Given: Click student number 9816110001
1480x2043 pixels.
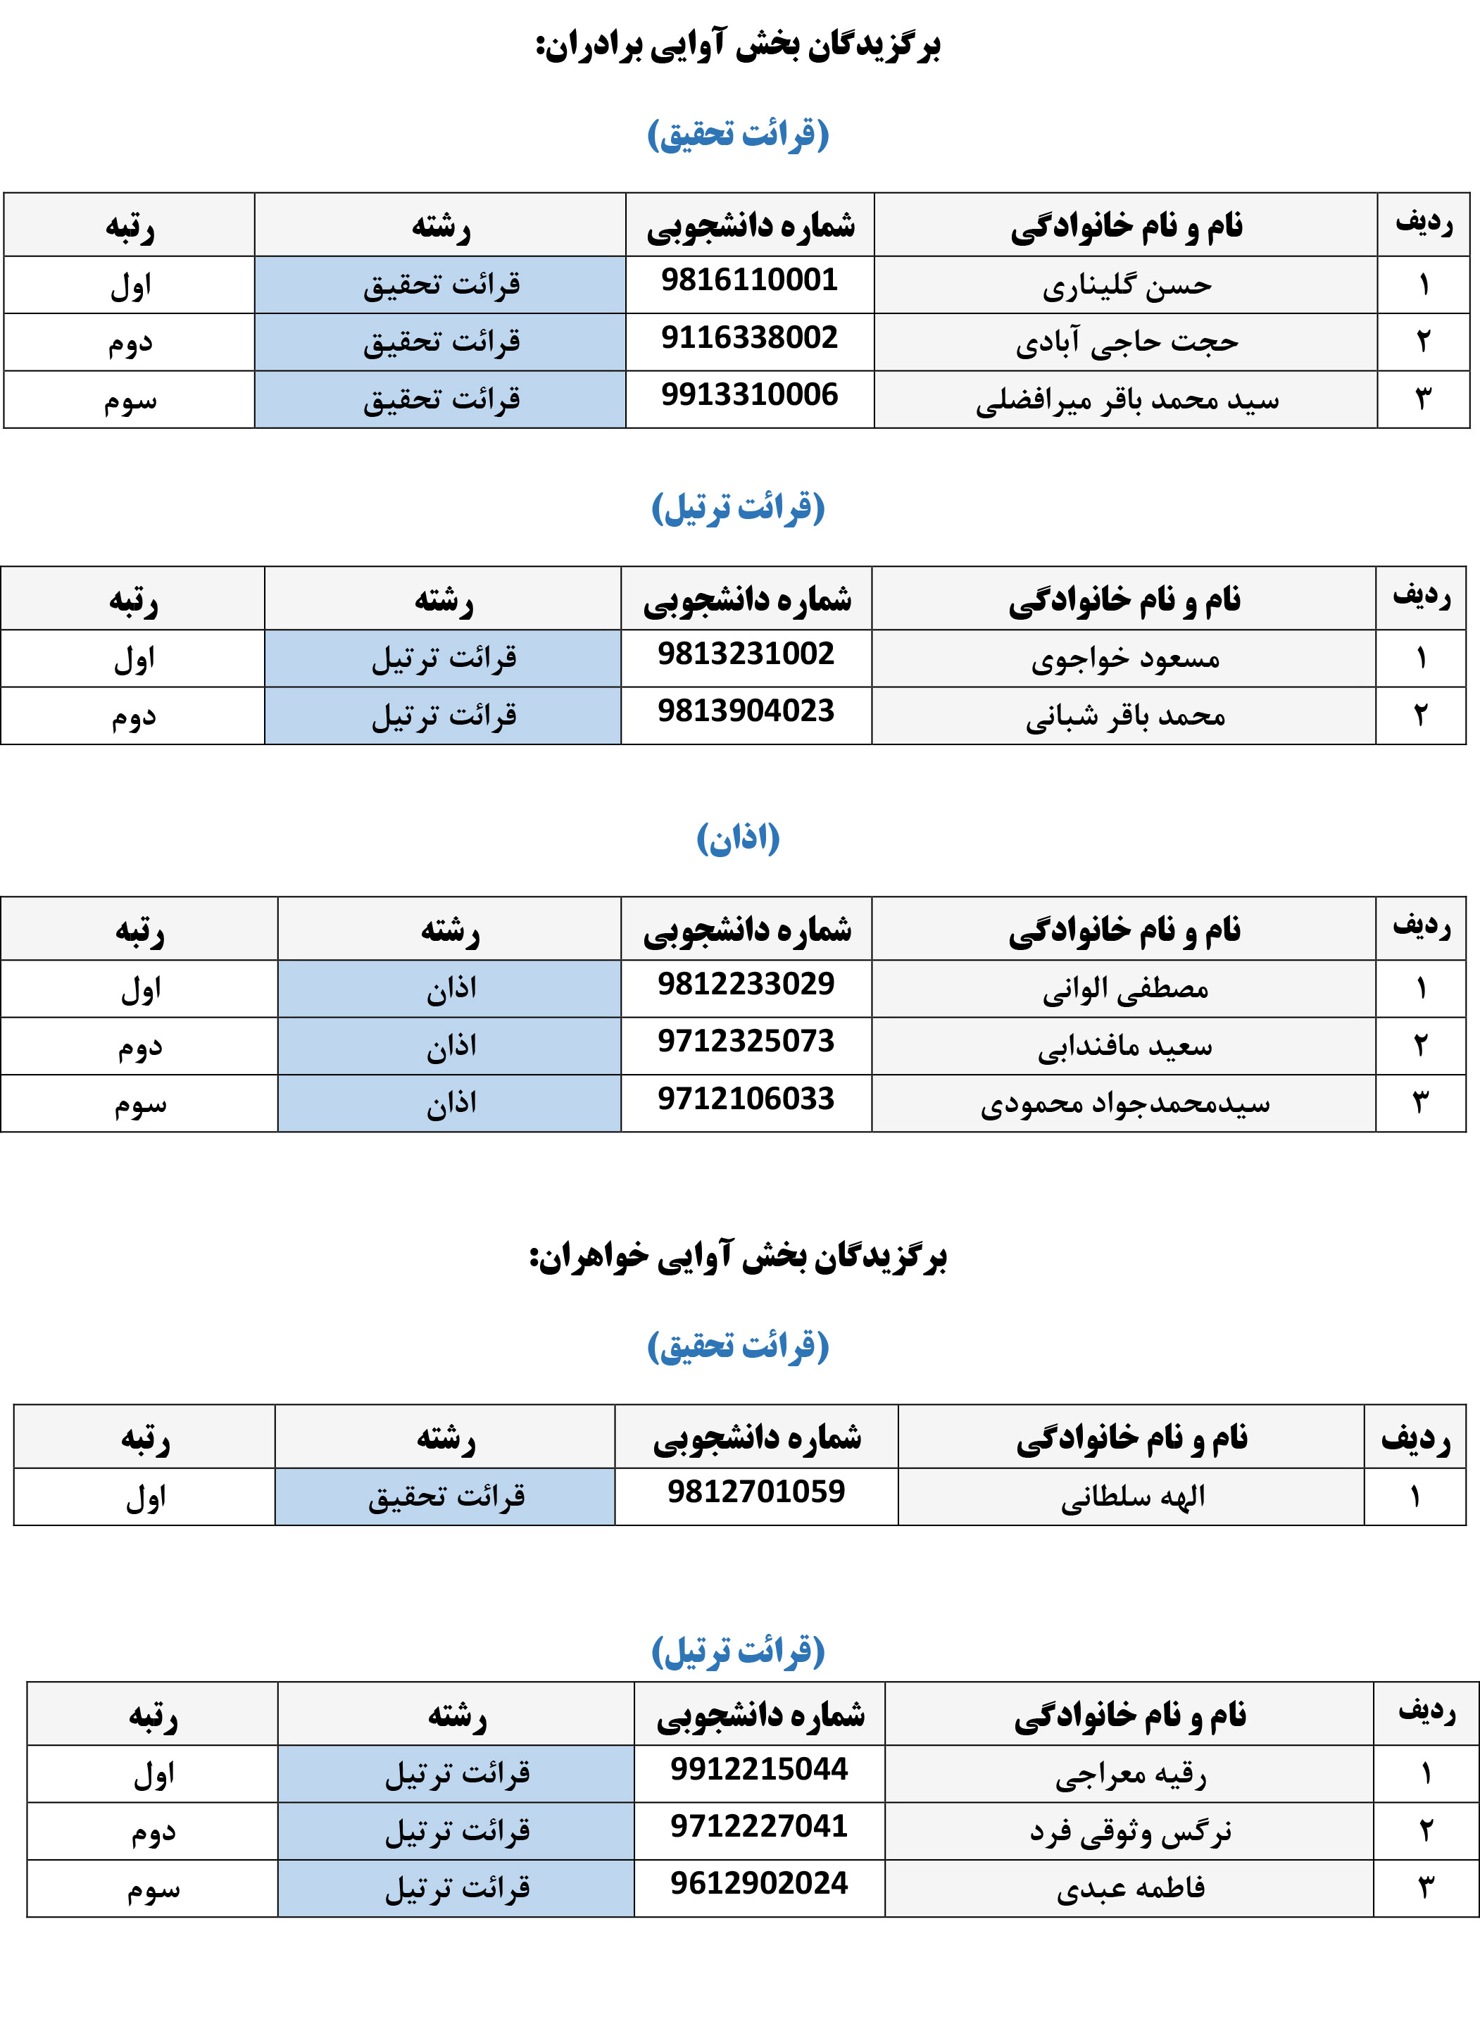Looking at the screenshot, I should click(x=749, y=280).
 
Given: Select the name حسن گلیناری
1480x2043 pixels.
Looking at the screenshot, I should click(x=1127, y=285).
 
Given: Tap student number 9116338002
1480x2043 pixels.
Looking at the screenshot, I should click(x=749, y=338).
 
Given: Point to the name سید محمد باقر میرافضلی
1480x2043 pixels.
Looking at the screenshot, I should click(x=1127, y=400).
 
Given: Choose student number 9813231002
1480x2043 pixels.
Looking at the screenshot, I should click(x=746, y=654).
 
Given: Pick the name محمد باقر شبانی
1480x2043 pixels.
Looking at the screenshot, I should click(x=1125, y=716).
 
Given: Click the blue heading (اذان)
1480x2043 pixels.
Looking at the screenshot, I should click(x=738, y=839).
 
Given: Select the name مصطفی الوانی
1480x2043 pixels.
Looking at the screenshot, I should click(x=1125, y=989).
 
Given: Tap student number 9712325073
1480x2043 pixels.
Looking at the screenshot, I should click(x=746, y=1042).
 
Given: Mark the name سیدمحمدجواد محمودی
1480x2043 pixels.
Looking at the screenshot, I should click(x=1125, y=1104).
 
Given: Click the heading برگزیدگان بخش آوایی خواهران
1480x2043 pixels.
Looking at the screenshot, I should click(x=738, y=1256).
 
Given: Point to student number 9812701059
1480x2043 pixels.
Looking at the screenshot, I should click(x=757, y=1492).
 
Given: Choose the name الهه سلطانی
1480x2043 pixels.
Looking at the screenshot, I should click(x=1132, y=1497).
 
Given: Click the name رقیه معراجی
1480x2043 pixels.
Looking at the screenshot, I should click(x=1131, y=1775).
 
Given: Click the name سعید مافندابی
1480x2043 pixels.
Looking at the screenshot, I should click(x=1125, y=1047).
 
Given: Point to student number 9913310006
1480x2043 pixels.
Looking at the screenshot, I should click(x=749, y=394).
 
